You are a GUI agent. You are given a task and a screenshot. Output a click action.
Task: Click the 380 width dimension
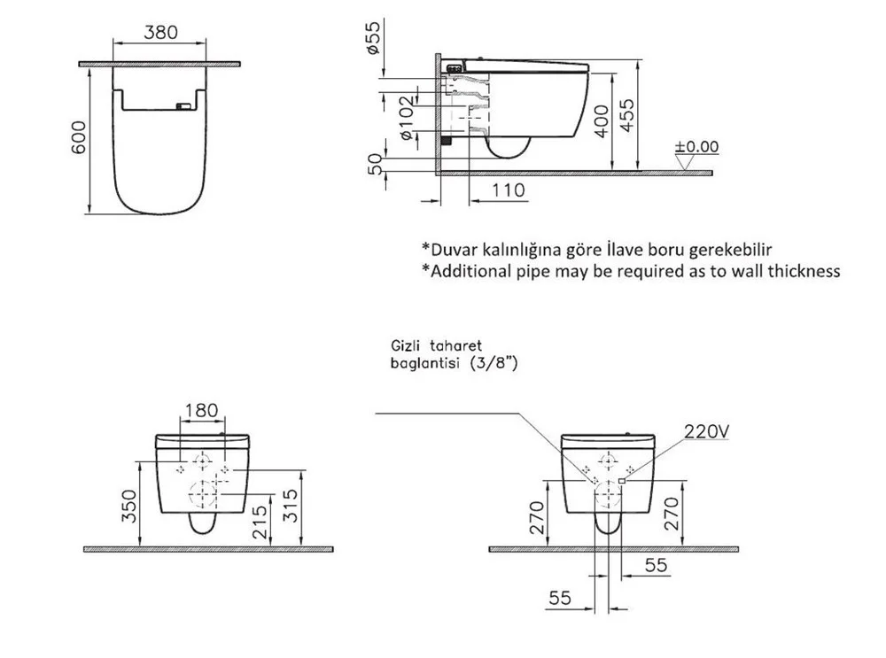click(160, 32)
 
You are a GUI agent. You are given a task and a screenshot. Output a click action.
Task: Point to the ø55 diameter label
click(374, 37)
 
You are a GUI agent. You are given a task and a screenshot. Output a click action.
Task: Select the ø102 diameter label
click(406, 119)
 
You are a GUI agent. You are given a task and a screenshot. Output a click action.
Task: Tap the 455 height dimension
click(626, 116)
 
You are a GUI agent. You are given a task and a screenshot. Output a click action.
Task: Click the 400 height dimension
click(602, 120)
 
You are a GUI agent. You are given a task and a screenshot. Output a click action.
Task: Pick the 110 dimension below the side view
click(508, 190)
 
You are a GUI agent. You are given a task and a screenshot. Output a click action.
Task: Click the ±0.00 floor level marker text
click(696, 146)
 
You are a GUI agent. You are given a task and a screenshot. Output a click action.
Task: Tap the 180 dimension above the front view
click(201, 410)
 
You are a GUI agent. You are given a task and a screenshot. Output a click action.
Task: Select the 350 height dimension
click(129, 506)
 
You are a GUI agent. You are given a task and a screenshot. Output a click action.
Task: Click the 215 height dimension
click(259, 522)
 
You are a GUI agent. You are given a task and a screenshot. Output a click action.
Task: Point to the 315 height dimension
click(290, 506)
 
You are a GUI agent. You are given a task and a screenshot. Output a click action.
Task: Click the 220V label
click(706, 431)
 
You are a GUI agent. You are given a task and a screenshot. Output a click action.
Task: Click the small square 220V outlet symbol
click(622, 481)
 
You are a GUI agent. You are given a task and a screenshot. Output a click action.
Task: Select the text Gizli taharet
click(436, 345)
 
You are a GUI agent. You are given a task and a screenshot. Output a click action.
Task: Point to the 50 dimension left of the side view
click(375, 164)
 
